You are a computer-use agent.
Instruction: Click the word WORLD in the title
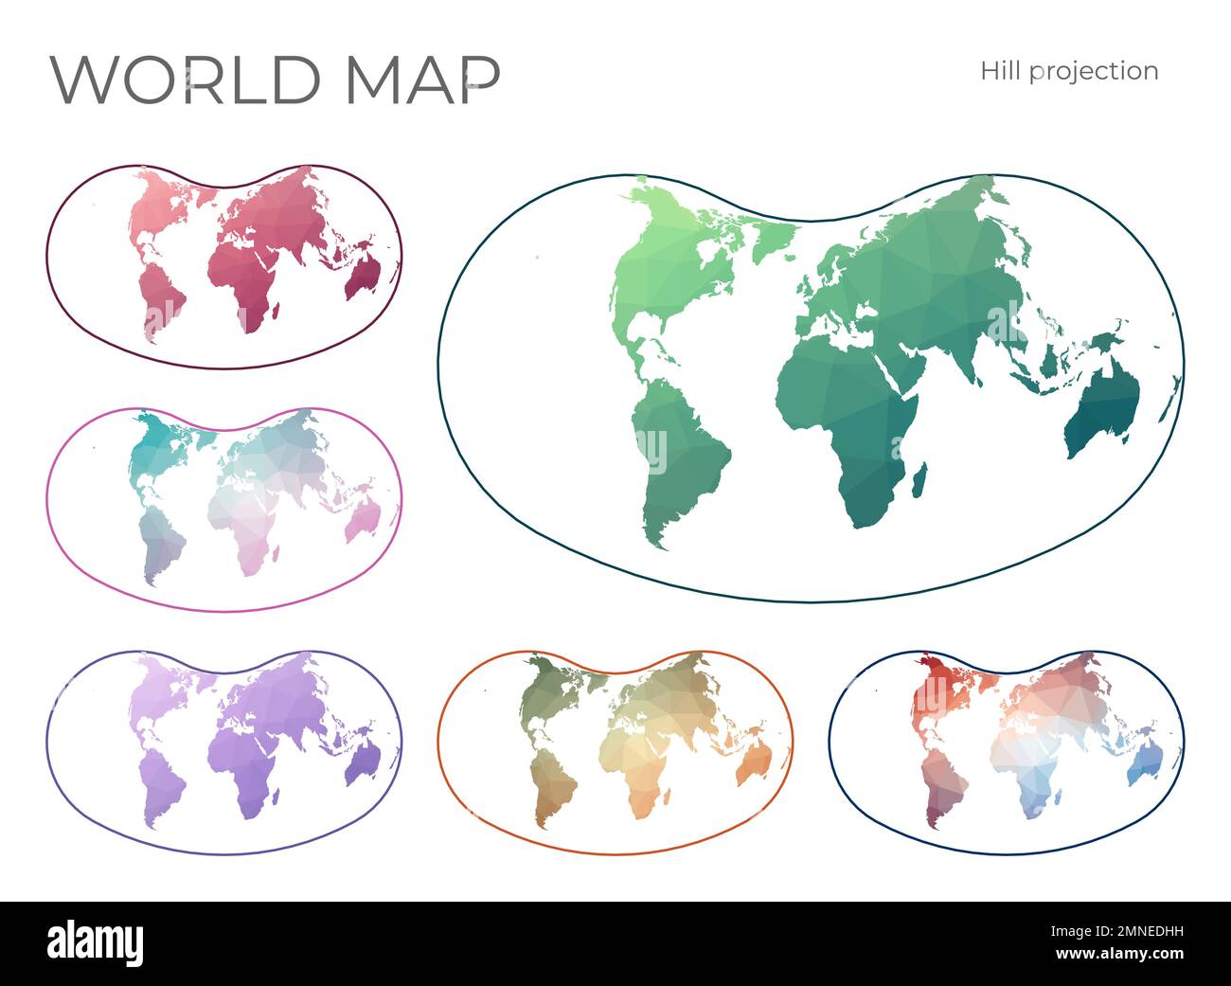click(185, 80)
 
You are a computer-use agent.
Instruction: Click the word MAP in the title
click(422, 80)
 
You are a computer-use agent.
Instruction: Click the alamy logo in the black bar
click(95, 943)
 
